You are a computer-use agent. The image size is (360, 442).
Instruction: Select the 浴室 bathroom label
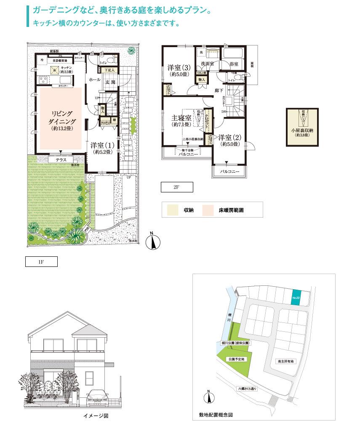pyautogui.click(x=234, y=64)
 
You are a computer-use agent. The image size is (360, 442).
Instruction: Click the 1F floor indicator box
pyautogui.click(x=41, y=262)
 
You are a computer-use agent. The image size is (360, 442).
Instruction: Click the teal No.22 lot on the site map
pyautogui.click(x=296, y=298)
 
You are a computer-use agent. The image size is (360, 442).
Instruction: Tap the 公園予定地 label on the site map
pyautogui.click(x=236, y=359)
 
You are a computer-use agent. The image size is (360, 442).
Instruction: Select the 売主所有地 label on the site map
pyautogui.click(x=286, y=361)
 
